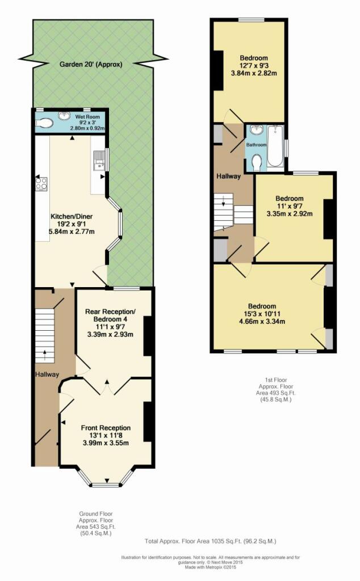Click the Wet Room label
click(87, 117)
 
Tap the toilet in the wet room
click(45, 123)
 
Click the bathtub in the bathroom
click(275, 146)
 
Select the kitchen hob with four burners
click(41, 183)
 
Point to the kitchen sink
click(99, 159)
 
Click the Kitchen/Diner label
click(72, 216)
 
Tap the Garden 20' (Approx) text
click(91, 65)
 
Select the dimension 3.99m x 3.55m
click(106, 443)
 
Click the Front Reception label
click(106, 428)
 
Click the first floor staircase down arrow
click(224, 203)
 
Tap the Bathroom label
click(257, 145)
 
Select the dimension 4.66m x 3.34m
click(262, 321)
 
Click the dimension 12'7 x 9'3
click(254, 66)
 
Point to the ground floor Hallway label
click(47, 374)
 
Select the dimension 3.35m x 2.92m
click(290, 213)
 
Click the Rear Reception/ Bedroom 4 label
click(111, 315)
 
